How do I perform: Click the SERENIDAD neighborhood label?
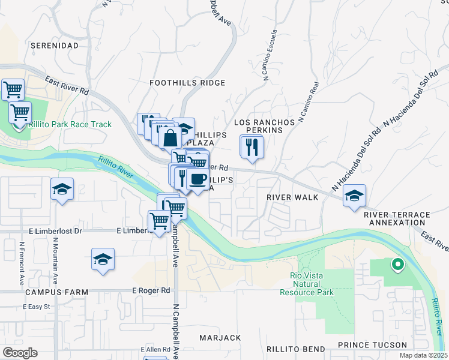55,46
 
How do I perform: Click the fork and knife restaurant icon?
252,146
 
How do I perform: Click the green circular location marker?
397,263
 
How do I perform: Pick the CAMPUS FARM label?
57,292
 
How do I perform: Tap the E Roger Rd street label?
151,290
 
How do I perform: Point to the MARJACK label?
220,338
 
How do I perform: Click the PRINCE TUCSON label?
372,345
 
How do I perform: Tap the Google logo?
20,353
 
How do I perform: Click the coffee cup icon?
197,178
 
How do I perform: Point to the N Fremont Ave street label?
22,263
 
